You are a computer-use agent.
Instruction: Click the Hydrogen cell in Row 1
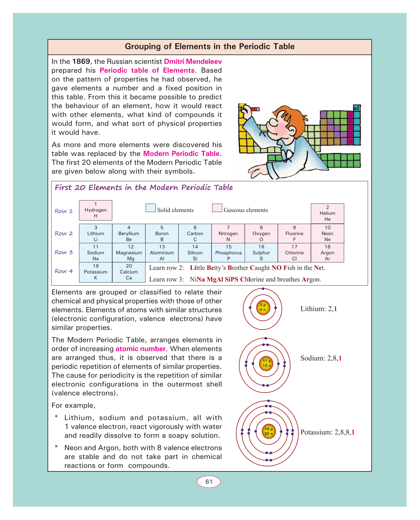click(x=96, y=210)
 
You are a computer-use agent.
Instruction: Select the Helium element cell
click(x=327, y=213)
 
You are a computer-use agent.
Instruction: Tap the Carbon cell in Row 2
click(x=195, y=234)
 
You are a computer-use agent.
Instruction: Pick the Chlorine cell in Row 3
click(x=294, y=253)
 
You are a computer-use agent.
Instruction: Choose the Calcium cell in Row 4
click(x=129, y=272)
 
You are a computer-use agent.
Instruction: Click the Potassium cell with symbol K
click(x=96, y=272)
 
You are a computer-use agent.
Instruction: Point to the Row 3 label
click(x=64, y=252)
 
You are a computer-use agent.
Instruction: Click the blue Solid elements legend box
click(x=151, y=208)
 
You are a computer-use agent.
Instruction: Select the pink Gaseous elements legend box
click(x=217, y=208)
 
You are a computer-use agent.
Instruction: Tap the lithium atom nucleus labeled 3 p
click(x=263, y=307)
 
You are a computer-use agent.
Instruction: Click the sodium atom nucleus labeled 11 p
click(x=267, y=363)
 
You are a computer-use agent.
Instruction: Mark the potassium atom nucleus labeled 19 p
click(x=268, y=431)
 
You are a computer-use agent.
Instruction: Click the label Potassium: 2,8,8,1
click(x=327, y=432)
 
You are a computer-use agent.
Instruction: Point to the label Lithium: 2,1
click(x=318, y=309)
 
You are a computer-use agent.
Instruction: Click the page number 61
click(x=209, y=482)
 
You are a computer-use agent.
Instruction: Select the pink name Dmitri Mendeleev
click(x=193, y=62)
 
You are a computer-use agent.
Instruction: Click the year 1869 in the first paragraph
click(x=81, y=62)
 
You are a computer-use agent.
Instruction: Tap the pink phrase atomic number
click(x=141, y=349)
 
